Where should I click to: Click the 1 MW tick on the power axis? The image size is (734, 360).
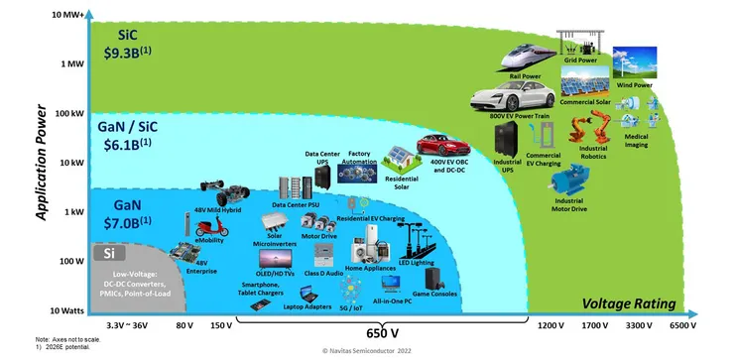[70, 63]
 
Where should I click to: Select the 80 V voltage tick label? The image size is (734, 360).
[183, 325]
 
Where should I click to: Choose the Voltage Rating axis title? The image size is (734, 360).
[629, 302]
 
